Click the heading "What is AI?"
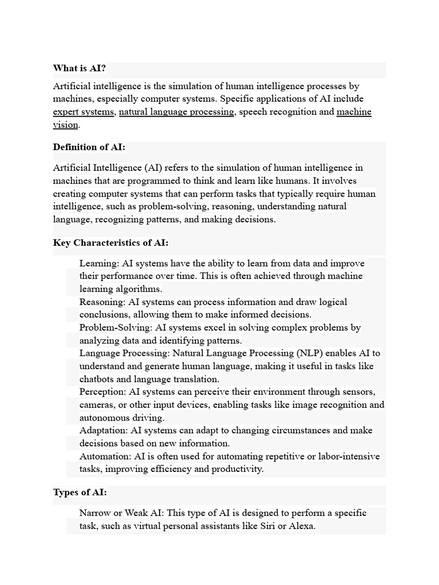79,69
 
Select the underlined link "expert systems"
83,112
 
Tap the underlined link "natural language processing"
177,112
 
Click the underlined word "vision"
65,125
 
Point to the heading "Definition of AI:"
89,147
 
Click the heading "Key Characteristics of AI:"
111,243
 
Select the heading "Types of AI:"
79,492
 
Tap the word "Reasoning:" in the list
103,302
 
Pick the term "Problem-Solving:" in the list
115,327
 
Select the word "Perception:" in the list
103,392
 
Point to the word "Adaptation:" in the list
104,430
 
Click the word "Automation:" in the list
105,456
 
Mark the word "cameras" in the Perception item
98,405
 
